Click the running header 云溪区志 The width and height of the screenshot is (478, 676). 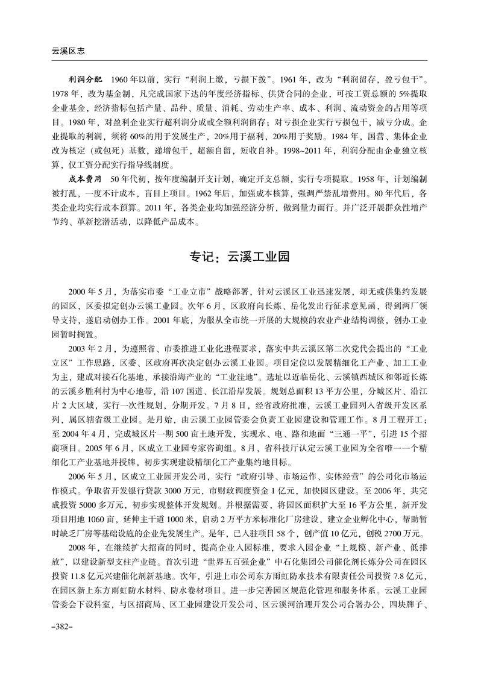point(54,52)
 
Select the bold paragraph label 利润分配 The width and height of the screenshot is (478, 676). point(86,80)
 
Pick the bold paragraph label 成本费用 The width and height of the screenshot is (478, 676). point(86,179)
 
